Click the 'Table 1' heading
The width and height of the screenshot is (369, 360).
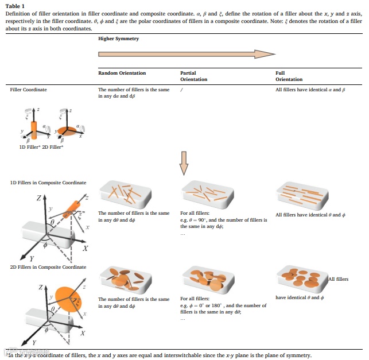click(15, 6)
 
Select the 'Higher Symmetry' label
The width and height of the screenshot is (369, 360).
click(118, 39)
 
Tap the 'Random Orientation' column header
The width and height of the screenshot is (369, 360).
click(122, 73)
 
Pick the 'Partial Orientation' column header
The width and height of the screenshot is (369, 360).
click(194, 76)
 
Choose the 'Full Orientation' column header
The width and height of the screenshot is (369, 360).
click(289, 76)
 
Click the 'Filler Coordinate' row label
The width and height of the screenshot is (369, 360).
click(29, 90)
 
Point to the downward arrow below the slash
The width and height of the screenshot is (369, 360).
click(184, 162)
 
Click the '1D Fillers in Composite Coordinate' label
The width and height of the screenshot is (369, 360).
click(48, 183)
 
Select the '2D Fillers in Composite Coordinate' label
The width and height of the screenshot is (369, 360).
click(48, 267)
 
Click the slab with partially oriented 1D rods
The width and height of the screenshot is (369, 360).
click(207, 195)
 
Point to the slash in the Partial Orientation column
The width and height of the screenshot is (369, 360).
click(181, 90)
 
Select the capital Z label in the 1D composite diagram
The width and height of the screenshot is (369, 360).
click(39, 198)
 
